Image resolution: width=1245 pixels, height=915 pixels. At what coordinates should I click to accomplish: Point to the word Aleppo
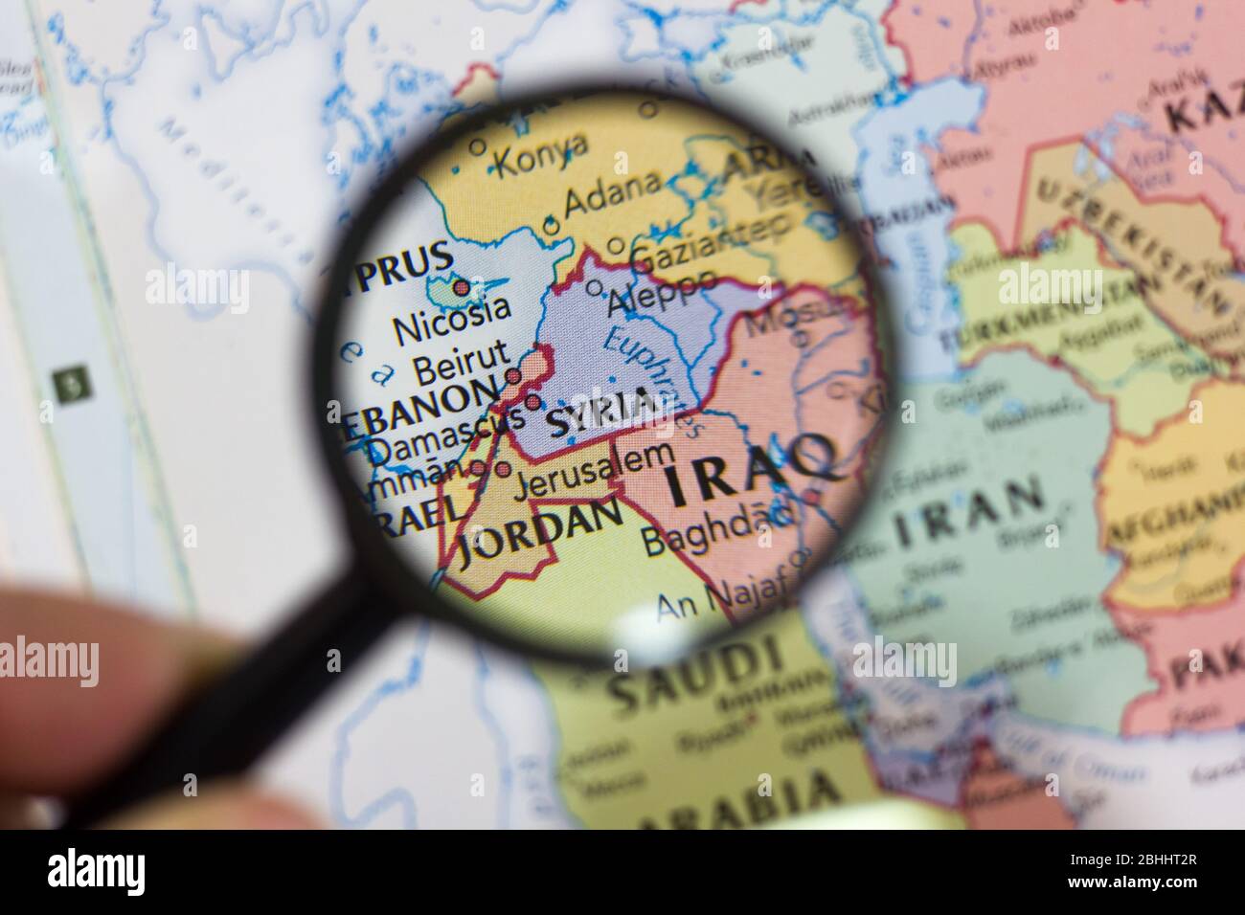663,293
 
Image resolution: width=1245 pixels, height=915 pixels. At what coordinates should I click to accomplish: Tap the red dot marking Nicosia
462,286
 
